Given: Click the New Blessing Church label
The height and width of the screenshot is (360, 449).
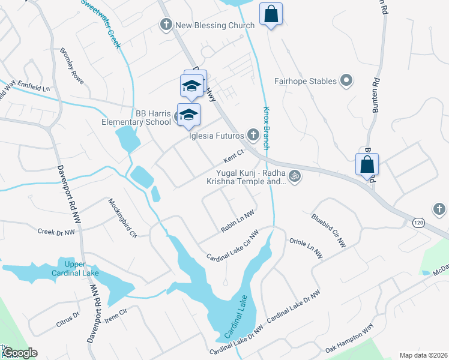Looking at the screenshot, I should [214, 25].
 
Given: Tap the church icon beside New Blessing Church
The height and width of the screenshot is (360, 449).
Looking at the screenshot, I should [166, 25].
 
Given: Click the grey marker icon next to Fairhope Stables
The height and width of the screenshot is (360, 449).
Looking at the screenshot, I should [346, 80].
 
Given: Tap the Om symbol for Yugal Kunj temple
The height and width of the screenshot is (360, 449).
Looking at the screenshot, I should [294, 176].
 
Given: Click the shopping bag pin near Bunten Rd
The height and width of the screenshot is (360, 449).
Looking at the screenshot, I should [367, 164].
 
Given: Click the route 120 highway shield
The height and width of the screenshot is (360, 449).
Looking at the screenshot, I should [418, 223].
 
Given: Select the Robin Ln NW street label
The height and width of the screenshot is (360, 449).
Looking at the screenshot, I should [238, 220].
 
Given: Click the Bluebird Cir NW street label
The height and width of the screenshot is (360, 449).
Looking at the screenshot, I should [328, 230].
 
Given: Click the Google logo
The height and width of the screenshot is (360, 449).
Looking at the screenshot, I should [20, 353].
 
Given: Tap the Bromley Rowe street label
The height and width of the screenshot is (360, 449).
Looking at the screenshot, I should [72, 66].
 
